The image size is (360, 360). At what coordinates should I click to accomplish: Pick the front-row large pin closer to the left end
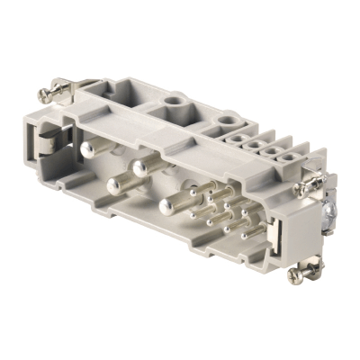(115, 185)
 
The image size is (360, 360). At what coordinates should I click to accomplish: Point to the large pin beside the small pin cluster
(167, 204)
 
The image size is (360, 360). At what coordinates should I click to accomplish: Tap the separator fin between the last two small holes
(282, 146)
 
